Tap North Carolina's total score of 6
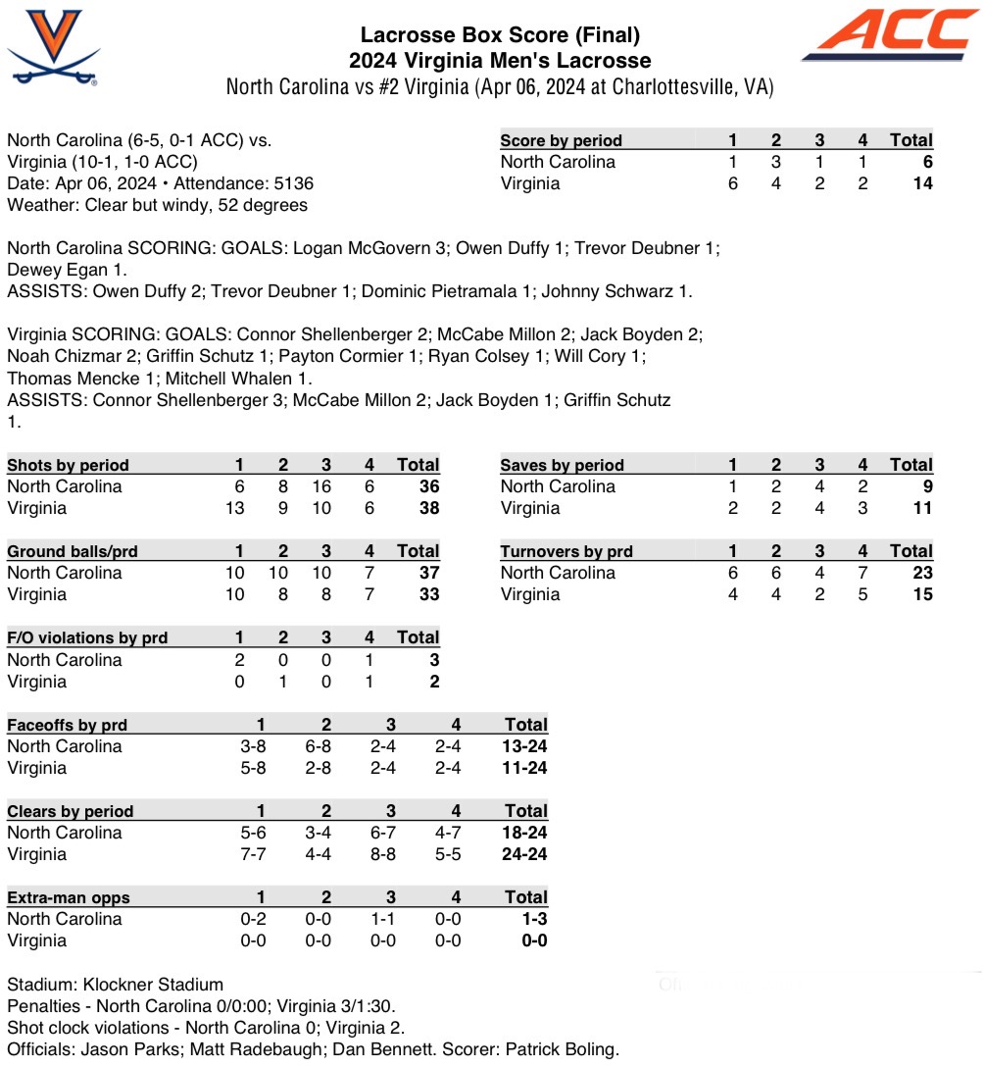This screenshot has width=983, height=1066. point(926,162)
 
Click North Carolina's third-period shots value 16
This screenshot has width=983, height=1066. point(321,486)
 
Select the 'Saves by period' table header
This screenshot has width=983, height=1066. point(562,465)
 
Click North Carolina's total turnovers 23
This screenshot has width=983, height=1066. point(921,573)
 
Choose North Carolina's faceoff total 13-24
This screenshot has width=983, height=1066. point(525,746)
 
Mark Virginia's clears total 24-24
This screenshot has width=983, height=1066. point(525,854)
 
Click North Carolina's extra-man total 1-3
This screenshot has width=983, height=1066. point(529,919)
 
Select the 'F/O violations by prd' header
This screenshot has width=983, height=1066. point(87,637)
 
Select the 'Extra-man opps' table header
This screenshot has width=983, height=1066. point(69,897)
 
